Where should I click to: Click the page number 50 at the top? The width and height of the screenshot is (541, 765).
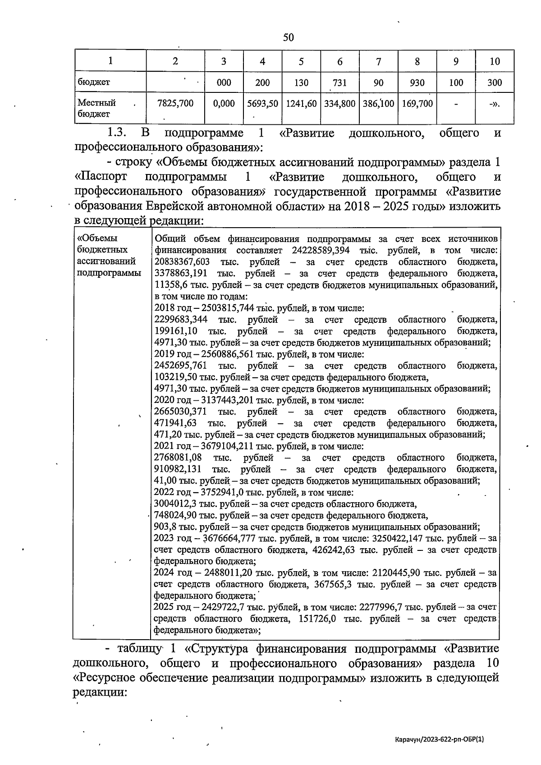289,37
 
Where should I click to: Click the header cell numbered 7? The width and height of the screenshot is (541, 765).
379,61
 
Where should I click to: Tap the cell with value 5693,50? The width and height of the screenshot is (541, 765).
263,104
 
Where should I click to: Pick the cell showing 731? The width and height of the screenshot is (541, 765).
340,83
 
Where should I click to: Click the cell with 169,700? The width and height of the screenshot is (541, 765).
417,104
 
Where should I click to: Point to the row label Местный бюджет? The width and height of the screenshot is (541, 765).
96,109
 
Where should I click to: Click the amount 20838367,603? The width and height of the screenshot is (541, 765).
182,262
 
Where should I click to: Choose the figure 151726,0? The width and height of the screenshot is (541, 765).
317,619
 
